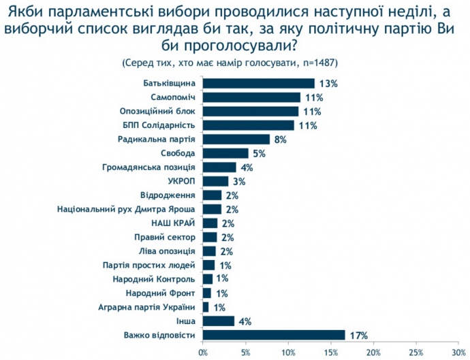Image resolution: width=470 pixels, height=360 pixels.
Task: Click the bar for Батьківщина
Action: [x=259, y=83]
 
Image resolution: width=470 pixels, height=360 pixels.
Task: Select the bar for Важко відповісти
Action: [x=274, y=334]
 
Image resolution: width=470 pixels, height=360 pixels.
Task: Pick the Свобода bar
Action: [x=225, y=153]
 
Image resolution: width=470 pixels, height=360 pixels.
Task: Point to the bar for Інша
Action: [x=219, y=321]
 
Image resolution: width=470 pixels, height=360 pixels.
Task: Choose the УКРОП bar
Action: [x=216, y=181]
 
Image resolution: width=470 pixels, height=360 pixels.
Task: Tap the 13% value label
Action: [x=328, y=84]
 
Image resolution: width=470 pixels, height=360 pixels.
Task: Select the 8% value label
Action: [x=280, y=140]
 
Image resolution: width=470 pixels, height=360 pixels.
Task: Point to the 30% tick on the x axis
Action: [x=458, y=352]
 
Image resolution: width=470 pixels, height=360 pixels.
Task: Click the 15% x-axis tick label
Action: [x=330, y=352]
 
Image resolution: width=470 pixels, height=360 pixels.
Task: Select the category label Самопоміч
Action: [x=173, y=97]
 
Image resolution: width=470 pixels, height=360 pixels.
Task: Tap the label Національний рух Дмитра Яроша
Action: [x=127, y=209]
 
